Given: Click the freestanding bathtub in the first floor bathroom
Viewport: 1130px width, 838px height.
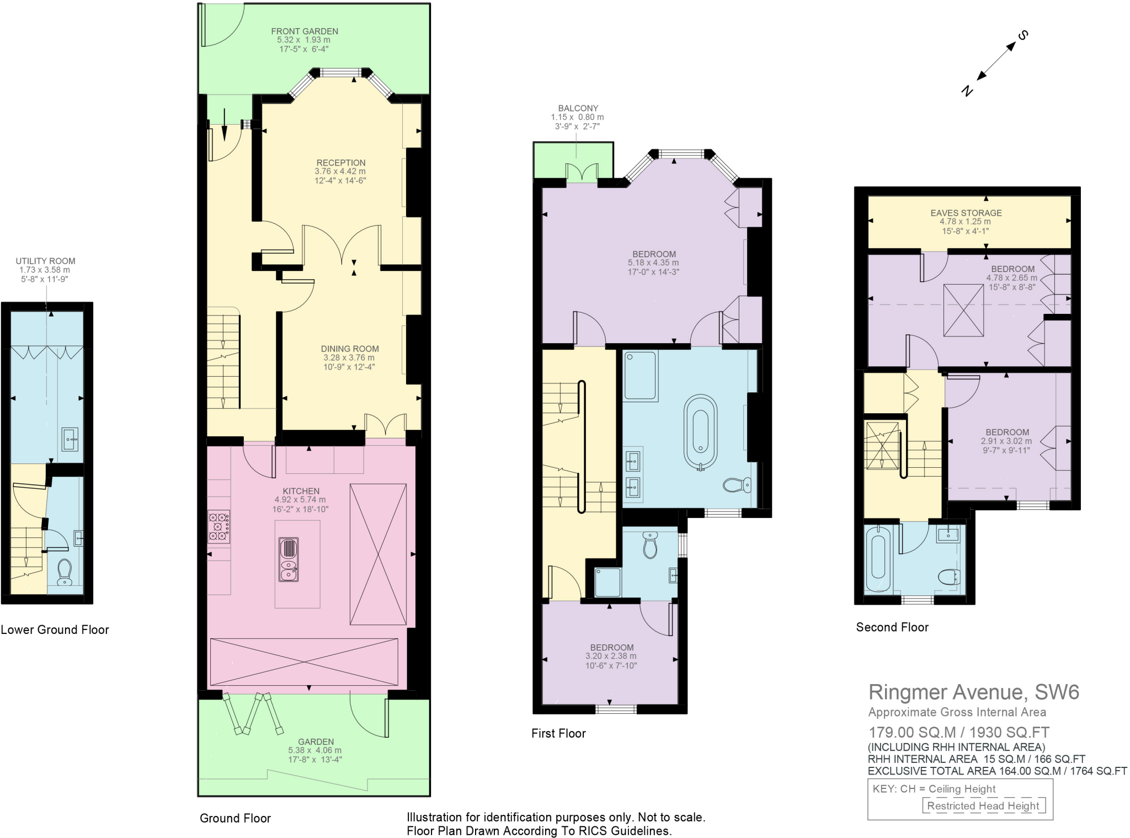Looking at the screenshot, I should coord(700,431).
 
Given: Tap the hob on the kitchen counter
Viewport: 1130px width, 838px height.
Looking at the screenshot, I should coord(219,527).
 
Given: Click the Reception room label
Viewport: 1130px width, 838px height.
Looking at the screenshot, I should coord(340,163).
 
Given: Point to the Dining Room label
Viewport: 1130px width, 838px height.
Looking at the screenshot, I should coord(350,349).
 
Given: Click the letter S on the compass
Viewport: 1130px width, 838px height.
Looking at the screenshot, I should coord(1023,36).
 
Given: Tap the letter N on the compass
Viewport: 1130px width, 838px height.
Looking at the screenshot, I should coord(967,91).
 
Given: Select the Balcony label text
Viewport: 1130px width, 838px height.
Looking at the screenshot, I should coord(578,109).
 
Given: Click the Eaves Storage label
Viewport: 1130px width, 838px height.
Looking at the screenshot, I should coord(966,213).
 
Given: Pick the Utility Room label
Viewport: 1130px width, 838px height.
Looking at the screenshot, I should coord(45,261).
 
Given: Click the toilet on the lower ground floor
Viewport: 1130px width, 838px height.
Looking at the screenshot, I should coord(65,572).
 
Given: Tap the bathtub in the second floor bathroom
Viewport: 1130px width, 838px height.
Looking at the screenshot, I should coord(877,559).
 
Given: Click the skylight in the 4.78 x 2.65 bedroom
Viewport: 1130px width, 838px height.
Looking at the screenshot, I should coord(963,310).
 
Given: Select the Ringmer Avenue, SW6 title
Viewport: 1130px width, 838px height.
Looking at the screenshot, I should coord(973,692).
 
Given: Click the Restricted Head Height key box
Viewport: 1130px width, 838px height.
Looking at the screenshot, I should coord(983,805).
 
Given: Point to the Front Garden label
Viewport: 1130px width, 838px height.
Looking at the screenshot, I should coord(305,31).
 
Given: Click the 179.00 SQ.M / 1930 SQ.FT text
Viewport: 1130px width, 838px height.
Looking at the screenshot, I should coord(958,733).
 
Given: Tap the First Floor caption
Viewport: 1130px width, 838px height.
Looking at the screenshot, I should coord(558,733).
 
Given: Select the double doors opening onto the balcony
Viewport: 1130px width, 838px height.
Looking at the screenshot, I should coord(582,173).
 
